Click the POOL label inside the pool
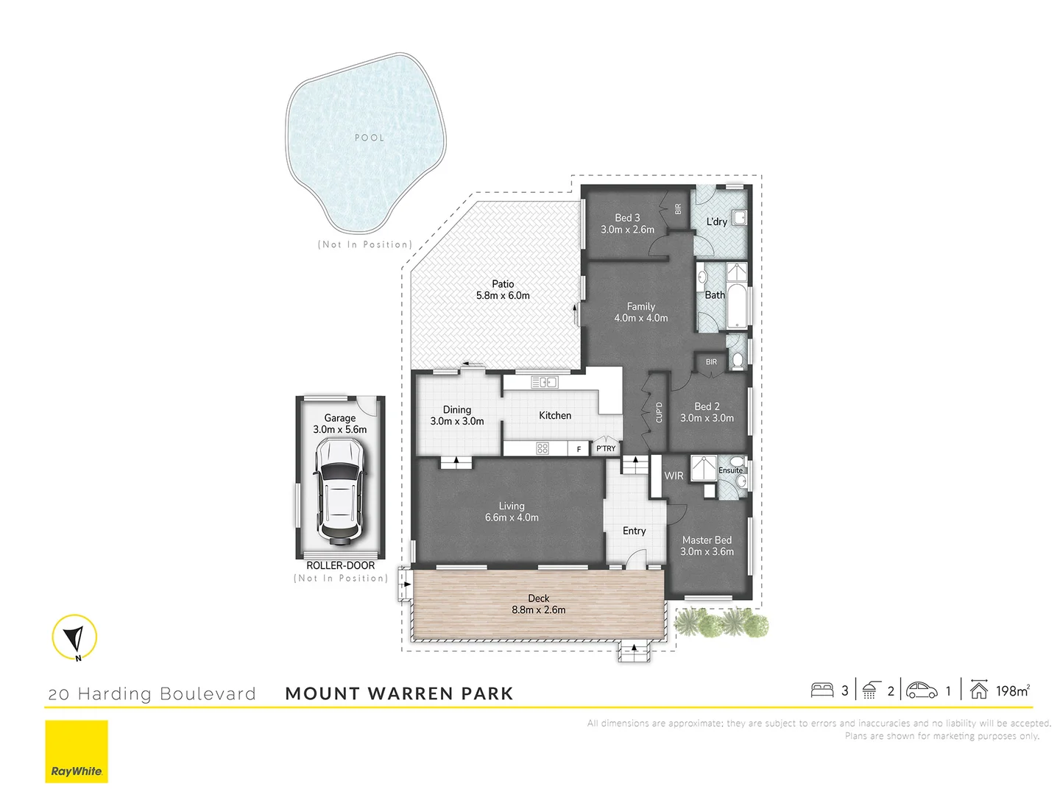[x=370, y=138]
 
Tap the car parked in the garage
[x=339, y=491]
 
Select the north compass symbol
[x=74, y=637]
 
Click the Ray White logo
[x=77, y=752]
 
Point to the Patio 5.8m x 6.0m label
[x=503, y=290]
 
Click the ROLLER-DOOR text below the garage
[x=340, y=565]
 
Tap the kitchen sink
[x=545, y=382]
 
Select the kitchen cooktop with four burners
[x=543, y=448]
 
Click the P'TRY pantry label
[x=606, y=448]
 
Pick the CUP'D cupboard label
[x=659, y=412]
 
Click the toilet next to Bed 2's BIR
[x=737, y=360]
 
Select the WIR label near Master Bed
[x=674, y=476]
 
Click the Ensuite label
[x=730, y=470]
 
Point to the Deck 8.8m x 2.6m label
[x=539, y=604]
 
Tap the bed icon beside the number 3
[x=822, y=690]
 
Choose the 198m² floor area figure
[x=1012, y=690]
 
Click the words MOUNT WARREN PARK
[x=399, y=693]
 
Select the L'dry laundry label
[x=716, y=222]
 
